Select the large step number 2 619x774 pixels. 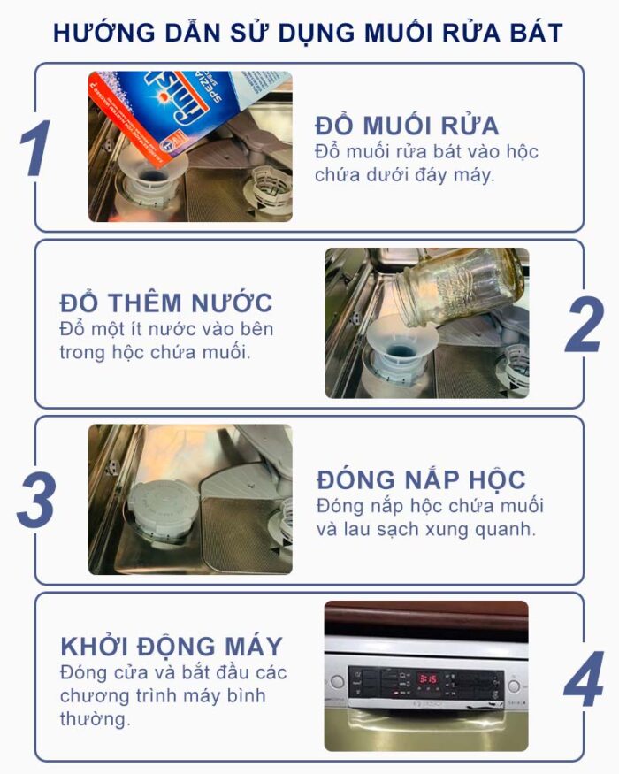[x=583, y=325]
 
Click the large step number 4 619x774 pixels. [x=584, y=680]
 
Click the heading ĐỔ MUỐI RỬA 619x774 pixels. [x=406, y=125]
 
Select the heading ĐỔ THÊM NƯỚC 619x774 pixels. [x=166, y=303]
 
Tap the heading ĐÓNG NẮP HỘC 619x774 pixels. [x=420, y=479]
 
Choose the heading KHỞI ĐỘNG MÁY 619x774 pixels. [x=172, y=645]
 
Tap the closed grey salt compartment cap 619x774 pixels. [x=158, y=512]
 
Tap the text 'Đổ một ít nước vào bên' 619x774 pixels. [x=166, y=329]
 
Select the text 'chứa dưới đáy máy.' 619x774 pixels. [x=404, y=175]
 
